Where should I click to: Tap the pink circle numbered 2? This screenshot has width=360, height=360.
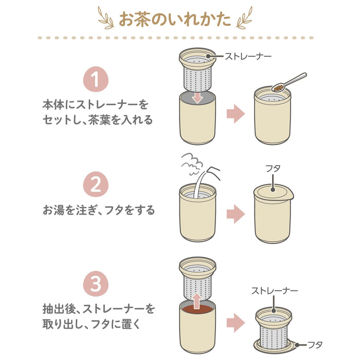[x=95, y=186]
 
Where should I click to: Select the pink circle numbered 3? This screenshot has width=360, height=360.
[x=95, y=283]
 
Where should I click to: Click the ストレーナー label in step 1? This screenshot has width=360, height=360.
[x=248, y=56]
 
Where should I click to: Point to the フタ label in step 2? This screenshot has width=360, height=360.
[x=272, y=168]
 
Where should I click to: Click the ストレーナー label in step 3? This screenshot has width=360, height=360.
[x=274, y=291]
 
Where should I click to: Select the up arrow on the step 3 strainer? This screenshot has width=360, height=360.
[x=197, y=298]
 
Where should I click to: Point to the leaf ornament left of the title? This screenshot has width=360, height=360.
[x=106, y=19]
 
